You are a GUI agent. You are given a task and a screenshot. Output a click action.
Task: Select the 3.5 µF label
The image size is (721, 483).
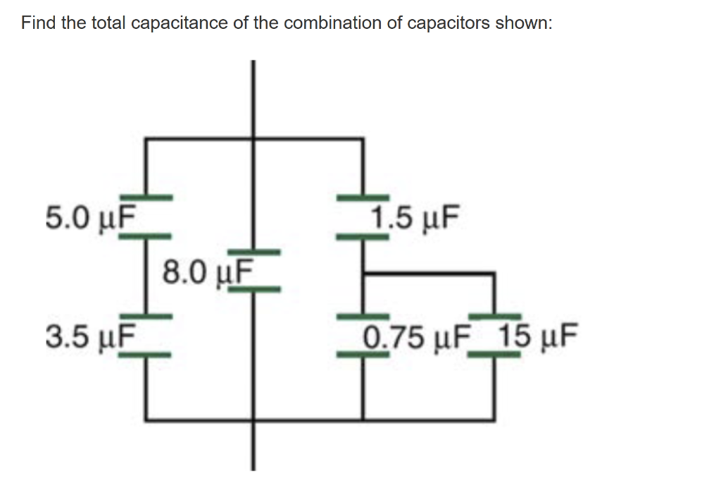coord(89,336)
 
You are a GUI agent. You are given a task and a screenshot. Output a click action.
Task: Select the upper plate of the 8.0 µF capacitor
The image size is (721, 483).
coord(254,251)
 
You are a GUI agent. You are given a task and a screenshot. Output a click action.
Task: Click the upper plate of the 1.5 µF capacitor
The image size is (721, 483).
coord(363,195)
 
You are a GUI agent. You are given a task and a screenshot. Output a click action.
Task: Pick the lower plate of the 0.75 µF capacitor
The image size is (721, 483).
coord(363,355)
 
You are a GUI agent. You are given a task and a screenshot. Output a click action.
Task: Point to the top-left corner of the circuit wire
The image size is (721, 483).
coord(146,139)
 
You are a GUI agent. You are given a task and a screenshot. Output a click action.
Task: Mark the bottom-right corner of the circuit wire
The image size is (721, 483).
coord(495,420)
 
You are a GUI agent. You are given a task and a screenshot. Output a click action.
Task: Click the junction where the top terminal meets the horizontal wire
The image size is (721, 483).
coord(254,139)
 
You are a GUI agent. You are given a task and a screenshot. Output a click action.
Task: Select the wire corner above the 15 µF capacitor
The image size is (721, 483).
coord(495,273)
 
